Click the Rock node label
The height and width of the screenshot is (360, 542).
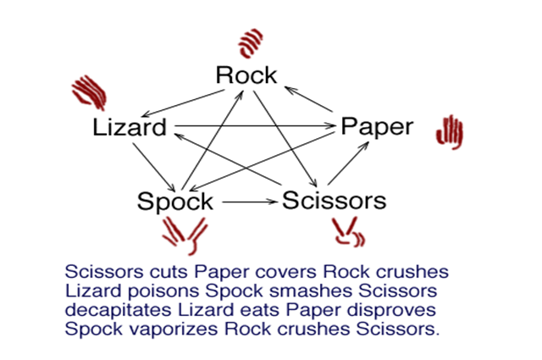point(246,75)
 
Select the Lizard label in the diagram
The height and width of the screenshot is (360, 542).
point(130,128)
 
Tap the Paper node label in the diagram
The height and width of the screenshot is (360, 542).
point(376,127)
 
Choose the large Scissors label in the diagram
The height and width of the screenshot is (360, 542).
point(334,201)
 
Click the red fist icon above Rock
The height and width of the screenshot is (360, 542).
point(251,42)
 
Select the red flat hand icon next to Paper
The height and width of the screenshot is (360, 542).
point(449,131)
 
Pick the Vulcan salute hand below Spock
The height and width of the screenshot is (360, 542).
point(184,233)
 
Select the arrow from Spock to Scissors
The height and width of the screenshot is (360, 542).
point(247,202)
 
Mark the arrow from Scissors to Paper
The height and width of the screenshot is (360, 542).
point(349,162)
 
